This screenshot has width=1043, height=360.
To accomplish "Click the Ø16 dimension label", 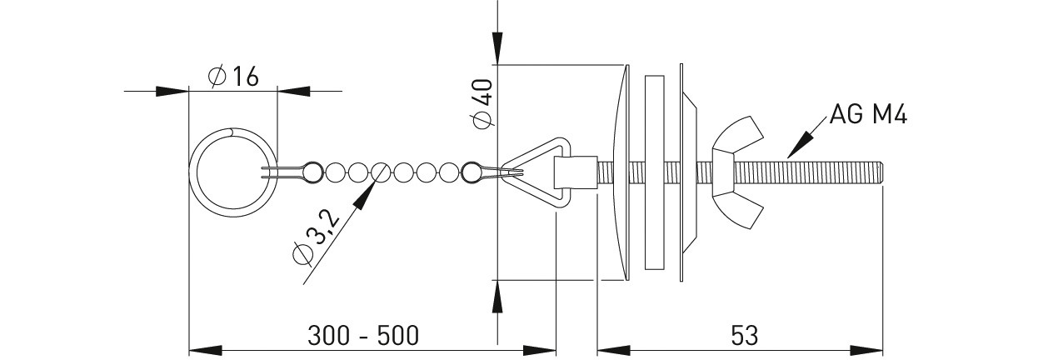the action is (233, 77).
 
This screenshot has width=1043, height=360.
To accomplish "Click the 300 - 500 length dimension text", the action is (363, 336).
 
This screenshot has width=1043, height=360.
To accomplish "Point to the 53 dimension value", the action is (745, 336).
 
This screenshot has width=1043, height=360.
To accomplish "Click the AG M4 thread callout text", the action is (869, 114).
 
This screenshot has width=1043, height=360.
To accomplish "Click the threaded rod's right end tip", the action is (883, 172).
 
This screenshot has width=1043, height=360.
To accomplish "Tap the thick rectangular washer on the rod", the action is (654, 172).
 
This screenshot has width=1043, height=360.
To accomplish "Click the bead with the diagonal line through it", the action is (380, 172).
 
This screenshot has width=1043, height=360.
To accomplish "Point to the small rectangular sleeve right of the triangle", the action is (576, 172).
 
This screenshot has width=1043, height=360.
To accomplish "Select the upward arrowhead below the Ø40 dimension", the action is (497, 297).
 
